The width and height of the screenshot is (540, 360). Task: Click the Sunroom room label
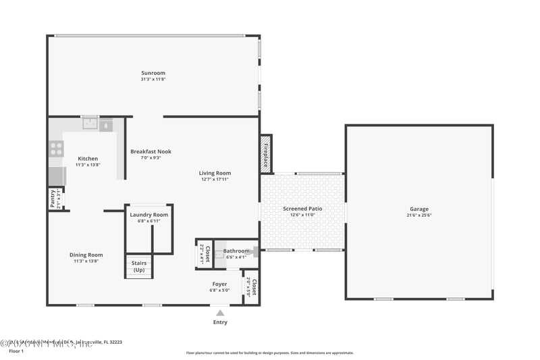click(x=153, y=73)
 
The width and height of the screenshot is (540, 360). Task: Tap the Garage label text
click(x=418, y=209)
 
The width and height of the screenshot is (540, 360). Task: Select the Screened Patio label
click(x=302, y=209)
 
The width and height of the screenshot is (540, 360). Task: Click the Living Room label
click(x=215, y=174)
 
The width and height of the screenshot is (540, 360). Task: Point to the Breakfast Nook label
click(x=151, y=152)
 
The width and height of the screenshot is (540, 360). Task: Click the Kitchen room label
click(x=88, y=159)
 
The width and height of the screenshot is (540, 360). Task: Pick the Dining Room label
click(x=86, y=255)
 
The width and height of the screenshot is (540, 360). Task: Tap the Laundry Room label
click(x=149, y=215)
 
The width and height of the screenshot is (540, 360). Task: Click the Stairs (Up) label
click(x=139, y=267)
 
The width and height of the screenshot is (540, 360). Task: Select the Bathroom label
click(x=236, y=251)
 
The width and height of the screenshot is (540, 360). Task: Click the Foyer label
click(x=219, y=284)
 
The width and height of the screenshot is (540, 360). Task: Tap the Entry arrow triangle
click(x=220, y=313)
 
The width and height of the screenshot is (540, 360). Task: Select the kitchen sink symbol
click(x=89, y=124)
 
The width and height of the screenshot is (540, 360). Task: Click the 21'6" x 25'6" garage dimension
click(x=418, y=215)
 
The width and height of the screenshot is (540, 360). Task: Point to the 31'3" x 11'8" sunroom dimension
click(x=153, y=79)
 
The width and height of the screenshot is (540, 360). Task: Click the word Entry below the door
click(x=220, y=322)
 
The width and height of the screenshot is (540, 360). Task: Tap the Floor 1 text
click(x=16, y=351)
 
